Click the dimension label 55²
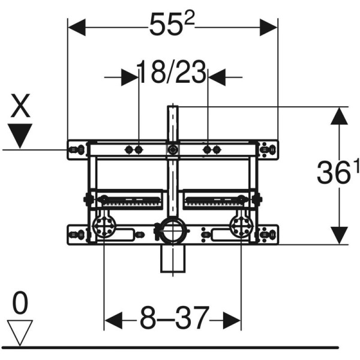[172, 26]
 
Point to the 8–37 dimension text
[173, 317]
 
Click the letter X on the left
[22, 107]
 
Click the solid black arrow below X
[22, 134]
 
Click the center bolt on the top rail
[173, 149]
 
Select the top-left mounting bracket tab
[76, 148]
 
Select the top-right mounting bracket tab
[268, 148]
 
